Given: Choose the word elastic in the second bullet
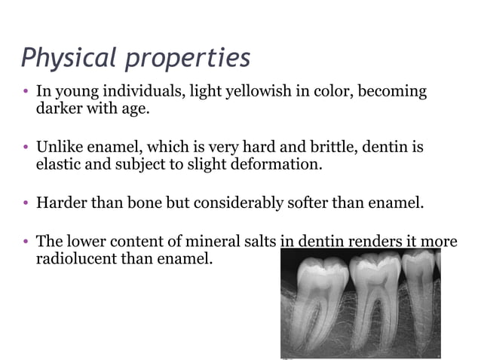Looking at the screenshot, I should [59, 163].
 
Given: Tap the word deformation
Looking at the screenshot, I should [280, 163].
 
